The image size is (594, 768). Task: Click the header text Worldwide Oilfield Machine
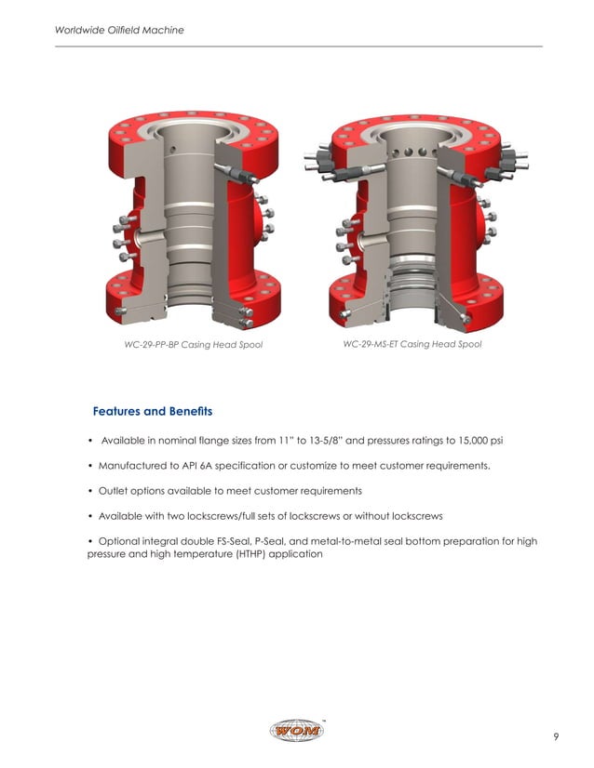click(119, 30)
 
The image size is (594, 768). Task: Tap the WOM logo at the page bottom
click(297, 732)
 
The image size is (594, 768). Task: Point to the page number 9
click(555, 737)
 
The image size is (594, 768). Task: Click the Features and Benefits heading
click(153, 411)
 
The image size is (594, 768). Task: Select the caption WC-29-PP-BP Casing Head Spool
click(194, 345)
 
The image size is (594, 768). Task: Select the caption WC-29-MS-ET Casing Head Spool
click(412, 345)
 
